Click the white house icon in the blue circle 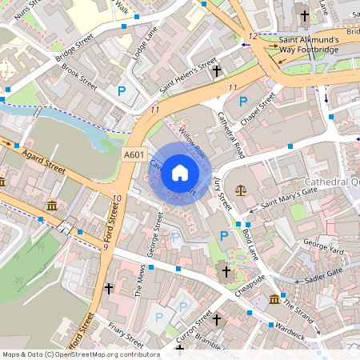180,172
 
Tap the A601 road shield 135,154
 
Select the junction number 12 253,36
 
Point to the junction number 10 118,198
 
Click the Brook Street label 80,81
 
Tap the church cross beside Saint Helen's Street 215,71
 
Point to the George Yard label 323,250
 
